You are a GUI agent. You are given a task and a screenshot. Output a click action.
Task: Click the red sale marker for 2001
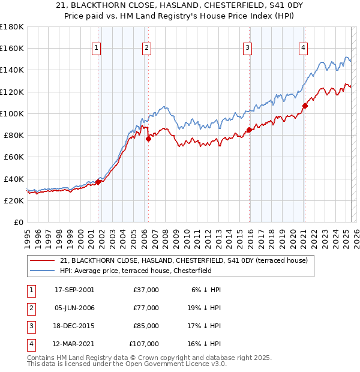[98, 182]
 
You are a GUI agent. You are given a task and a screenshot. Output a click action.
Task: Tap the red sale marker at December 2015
[249, 130]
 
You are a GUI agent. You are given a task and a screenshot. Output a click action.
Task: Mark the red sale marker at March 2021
[305, 106]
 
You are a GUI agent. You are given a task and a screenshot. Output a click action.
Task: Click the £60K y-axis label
[14, 157]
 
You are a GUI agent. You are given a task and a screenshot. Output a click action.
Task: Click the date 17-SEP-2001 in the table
[74, 290]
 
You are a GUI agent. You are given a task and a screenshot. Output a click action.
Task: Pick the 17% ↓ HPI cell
[205, 326]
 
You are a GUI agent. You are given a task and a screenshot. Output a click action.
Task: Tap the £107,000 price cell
[145, 344]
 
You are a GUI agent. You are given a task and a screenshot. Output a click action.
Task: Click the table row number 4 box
[29, 344]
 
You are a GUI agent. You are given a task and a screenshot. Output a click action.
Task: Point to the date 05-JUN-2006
[74, 308]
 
